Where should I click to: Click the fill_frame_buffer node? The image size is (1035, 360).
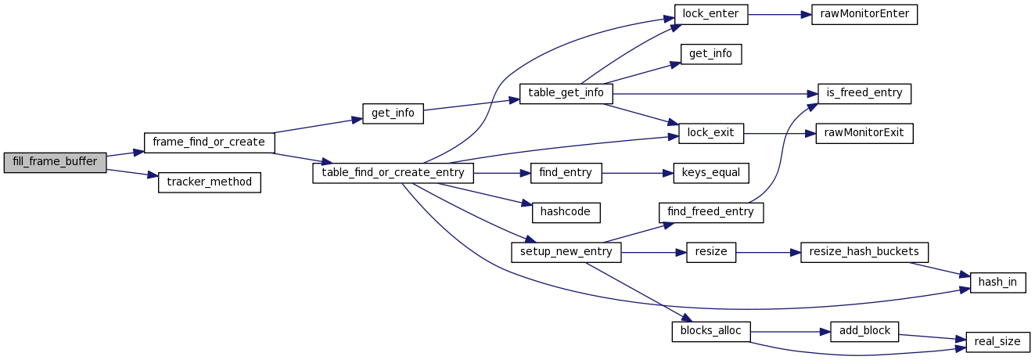55,163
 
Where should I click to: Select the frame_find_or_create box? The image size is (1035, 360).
209,142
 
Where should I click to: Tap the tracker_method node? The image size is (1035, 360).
209,182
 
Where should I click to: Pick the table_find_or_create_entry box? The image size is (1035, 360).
393,172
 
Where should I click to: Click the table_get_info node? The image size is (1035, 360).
566,92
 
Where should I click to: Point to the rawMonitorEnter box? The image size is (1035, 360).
864,14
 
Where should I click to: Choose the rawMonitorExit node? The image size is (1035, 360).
864,132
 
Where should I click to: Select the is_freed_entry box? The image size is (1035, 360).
864,92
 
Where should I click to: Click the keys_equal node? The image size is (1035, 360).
711,172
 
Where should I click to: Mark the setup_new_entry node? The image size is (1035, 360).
566,252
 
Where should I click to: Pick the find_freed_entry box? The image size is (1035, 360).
711,211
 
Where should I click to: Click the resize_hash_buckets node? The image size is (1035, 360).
864,252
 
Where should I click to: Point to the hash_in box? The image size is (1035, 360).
997,283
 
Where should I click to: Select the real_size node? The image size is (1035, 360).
997,341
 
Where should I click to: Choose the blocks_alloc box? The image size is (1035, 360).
711,331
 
